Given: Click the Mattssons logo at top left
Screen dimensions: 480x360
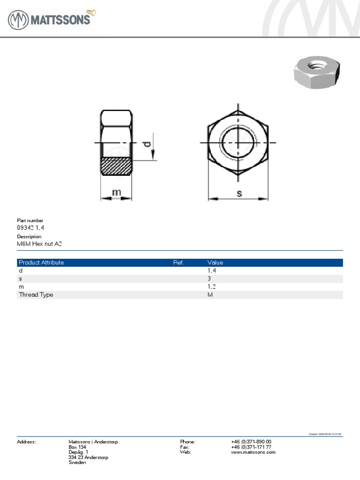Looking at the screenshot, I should click(52, 20).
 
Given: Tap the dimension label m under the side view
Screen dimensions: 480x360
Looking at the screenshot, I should click(116, 192).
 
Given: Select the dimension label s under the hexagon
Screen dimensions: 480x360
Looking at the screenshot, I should click(239, 193).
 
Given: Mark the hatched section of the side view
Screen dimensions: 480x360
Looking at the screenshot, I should click(116, 167).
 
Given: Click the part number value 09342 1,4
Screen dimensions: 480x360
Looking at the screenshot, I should click(31, 227).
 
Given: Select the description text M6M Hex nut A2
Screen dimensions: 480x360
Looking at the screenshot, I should click(39, 244).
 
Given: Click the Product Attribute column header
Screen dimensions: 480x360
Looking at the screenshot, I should click(41, 262).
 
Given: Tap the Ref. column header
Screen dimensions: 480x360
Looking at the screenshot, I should click(178, 262).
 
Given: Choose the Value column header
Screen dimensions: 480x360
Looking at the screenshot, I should click(215, 262).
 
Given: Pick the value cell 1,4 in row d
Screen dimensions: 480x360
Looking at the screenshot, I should click(212, 270).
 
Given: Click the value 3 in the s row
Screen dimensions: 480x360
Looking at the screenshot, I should click(210, 278).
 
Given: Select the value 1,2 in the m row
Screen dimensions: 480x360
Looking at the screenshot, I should click(212, 286).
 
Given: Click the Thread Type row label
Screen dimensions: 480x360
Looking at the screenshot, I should click(36, 294).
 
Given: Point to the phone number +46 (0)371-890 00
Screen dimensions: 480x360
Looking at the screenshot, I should click(251, 442).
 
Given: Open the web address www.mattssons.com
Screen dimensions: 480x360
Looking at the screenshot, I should click(253, 452).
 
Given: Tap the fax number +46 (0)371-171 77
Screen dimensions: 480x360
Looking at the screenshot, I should click(251, 447).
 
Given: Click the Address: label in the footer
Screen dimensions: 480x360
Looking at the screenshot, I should click(26, 442).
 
